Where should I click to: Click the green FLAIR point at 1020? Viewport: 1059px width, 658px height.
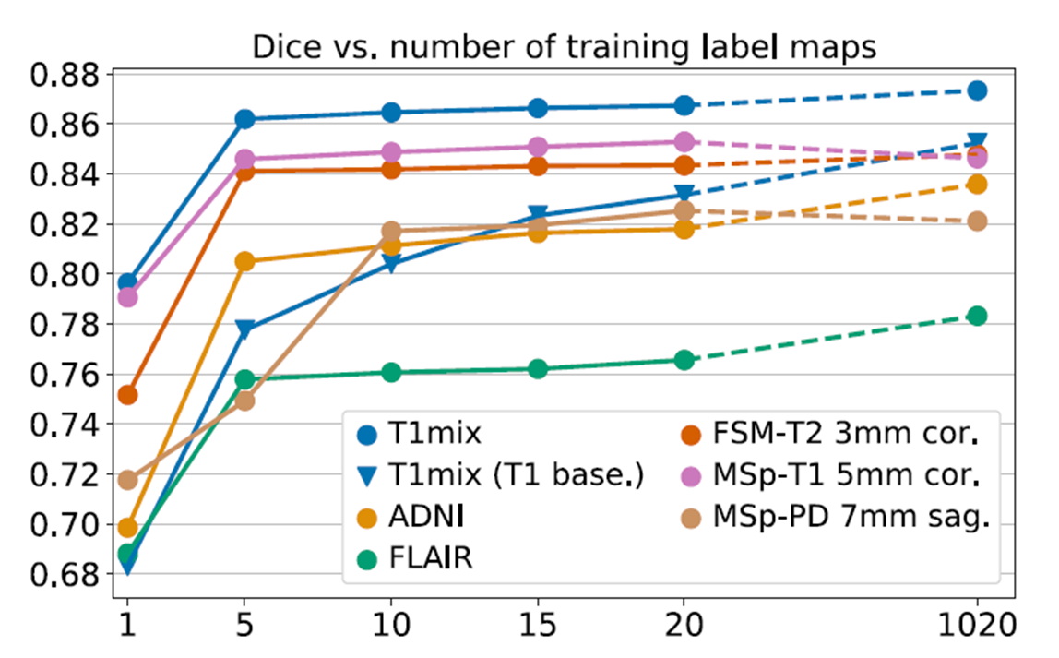click(x=977, y=316)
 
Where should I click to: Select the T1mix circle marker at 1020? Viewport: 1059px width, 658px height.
click(x=977, y=90)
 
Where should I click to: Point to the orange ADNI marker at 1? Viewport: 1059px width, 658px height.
click(x=127, y=528)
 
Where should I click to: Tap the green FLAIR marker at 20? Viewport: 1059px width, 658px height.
click(x=684, y=360)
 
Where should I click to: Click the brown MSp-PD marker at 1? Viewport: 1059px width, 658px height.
click(x=127, y=480)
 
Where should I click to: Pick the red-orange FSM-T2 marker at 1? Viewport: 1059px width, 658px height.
click(x=127, y=395)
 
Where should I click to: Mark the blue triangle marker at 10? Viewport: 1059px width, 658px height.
click(x=391, y=263)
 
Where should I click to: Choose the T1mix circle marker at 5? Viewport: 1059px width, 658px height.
click(x=244, y=119)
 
